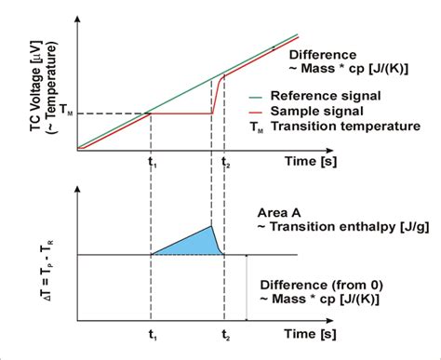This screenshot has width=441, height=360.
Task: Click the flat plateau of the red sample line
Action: coord(181,114)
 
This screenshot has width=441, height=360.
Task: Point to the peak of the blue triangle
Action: coord(212,226)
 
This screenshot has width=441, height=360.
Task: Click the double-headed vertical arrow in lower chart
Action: coord(245,287)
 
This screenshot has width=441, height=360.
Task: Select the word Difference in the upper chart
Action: coord(321,54)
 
